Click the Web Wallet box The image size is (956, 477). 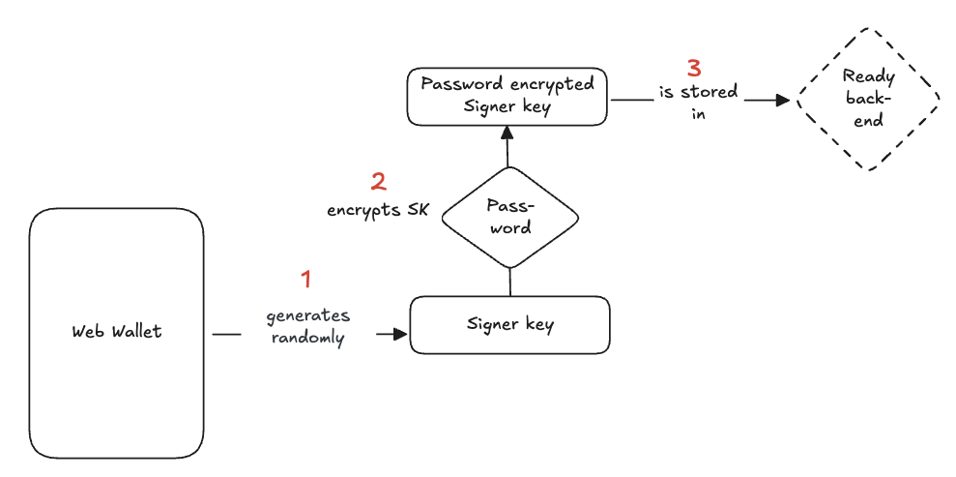[116, 387]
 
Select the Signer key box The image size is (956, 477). [509, 325]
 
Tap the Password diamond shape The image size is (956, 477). [509, 218]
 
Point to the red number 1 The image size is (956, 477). [306, 280]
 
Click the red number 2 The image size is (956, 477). [378, 181]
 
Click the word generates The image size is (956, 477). [307, 316]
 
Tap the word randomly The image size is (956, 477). [307, 339]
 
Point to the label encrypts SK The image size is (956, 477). [377, 209]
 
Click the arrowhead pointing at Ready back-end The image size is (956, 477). [785, 99]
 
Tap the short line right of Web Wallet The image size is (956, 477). [226, 335]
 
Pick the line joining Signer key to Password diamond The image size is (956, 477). [509, 282]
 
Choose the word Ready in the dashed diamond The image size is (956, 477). [868, 75]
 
